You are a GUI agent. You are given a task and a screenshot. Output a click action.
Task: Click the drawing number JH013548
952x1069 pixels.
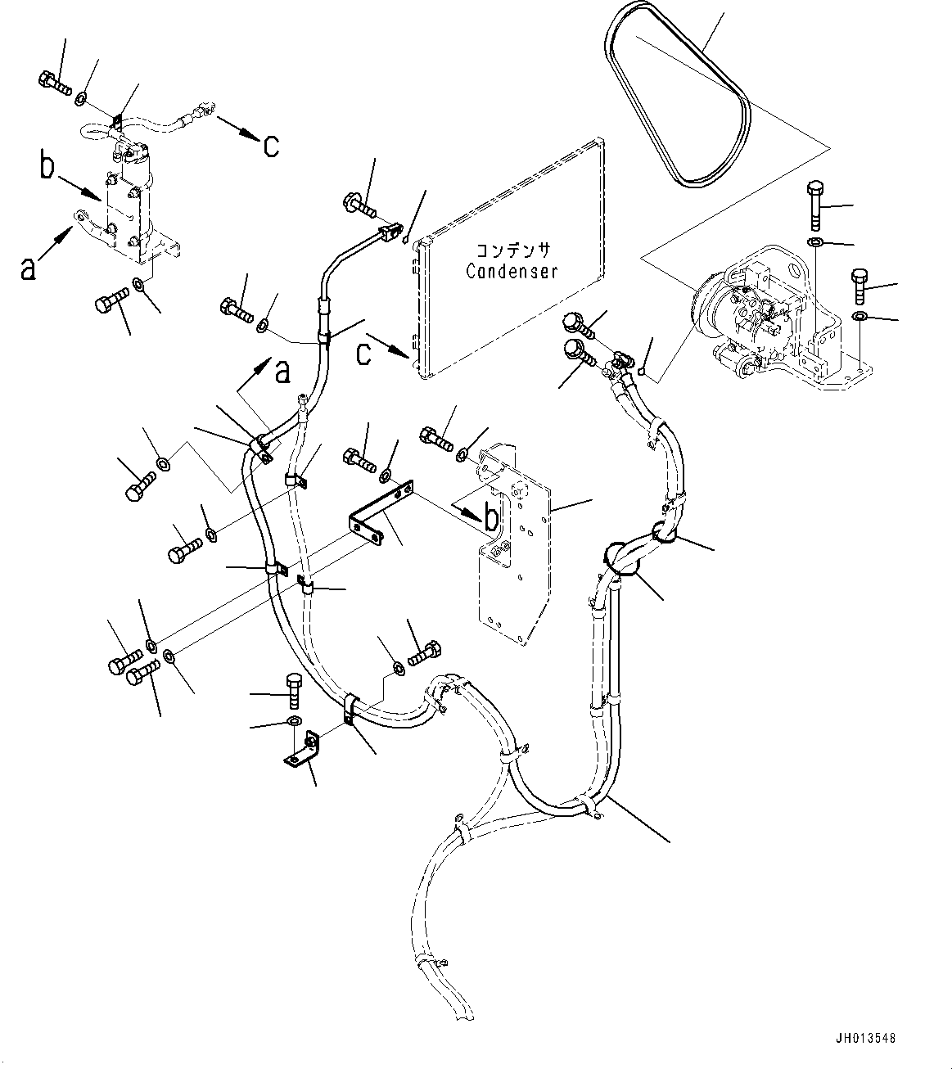(x=865, y=1039)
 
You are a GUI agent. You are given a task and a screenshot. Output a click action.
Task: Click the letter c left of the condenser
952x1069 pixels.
(x=363, y=354)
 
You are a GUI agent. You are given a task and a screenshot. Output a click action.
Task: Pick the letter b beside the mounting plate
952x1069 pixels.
(x=490, y=518)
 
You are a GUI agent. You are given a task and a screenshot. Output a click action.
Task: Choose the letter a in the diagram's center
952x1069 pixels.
(x=282, y=372)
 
